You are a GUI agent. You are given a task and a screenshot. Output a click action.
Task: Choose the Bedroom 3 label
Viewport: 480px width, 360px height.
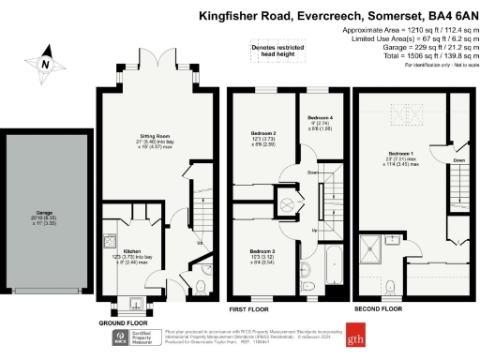click(262, 252)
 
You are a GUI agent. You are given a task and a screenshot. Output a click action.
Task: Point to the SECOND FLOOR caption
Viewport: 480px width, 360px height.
click(378, 308)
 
